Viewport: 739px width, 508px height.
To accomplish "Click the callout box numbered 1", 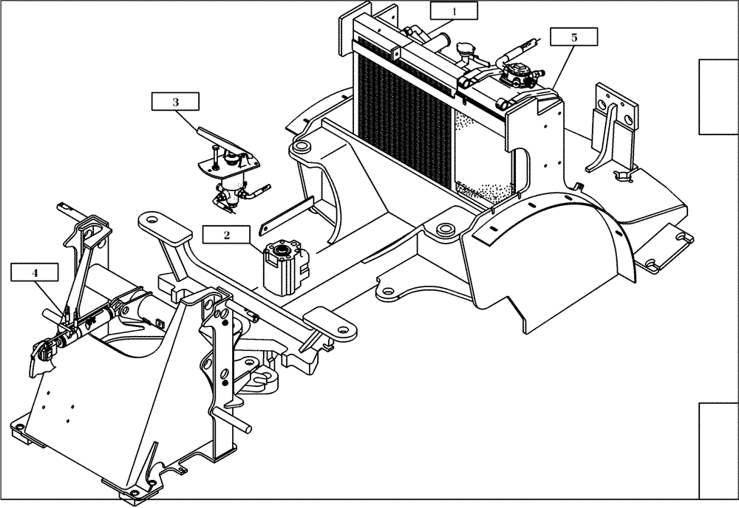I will pyautogui.click(x=454, y=11).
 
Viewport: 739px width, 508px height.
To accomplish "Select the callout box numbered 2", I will pyautogui.click(x=227, y=236).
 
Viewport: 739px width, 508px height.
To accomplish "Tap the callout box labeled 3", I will pyautogui.click(x=175, y=103).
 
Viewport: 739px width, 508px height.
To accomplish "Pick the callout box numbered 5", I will pyautogui.click(x=573, y=36).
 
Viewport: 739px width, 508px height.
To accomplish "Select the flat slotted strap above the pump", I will pyautogui.click(x=288, y=212).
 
